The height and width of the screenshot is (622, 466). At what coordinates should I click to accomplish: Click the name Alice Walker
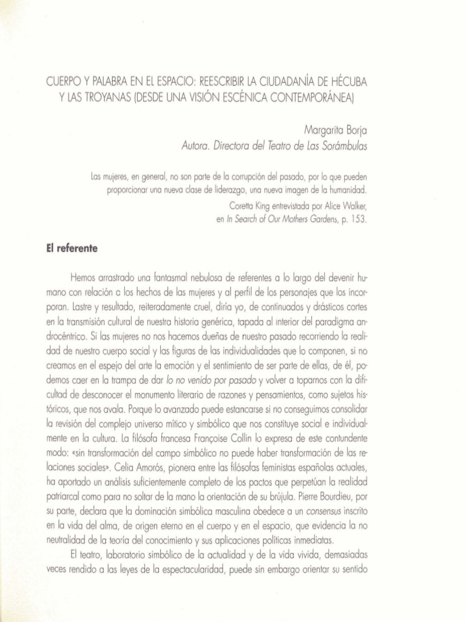pyautogui.click(x=346, y=205)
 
